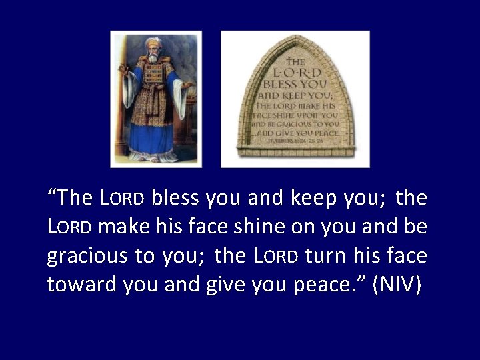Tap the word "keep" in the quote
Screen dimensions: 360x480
[311, 199]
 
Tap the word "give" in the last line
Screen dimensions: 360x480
[221, 285]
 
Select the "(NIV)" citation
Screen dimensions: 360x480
[397, 285]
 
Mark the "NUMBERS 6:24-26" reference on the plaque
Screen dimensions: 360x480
[294, 141]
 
